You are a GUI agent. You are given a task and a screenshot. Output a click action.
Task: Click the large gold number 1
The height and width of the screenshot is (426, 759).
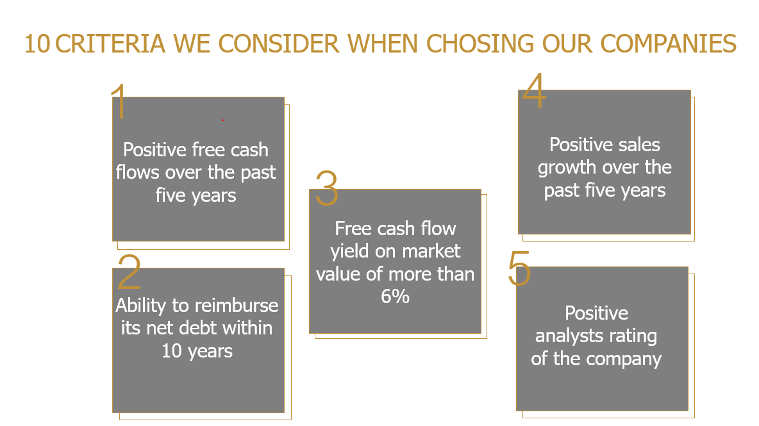click(119, 101)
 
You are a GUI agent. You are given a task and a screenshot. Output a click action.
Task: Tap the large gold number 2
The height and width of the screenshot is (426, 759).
click(129, 272)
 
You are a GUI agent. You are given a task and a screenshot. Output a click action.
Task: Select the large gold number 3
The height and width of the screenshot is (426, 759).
click(327, 188)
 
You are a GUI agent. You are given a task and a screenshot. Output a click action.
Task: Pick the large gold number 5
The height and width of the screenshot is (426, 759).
click(519, 268)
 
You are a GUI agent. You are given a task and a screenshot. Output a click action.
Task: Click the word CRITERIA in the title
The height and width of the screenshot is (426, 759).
click(110, 44)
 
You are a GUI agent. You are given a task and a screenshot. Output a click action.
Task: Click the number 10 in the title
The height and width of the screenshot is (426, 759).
click(37, 44)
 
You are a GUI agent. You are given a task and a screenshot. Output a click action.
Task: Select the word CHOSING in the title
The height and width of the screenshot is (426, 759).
click(480, 44)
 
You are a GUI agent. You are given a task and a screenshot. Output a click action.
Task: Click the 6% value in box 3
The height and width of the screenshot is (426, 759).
click(395, 297)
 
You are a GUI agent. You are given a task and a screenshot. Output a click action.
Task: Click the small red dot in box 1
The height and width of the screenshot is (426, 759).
click(222, 120)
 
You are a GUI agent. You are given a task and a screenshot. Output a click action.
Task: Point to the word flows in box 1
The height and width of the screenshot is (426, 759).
click(138, 172)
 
